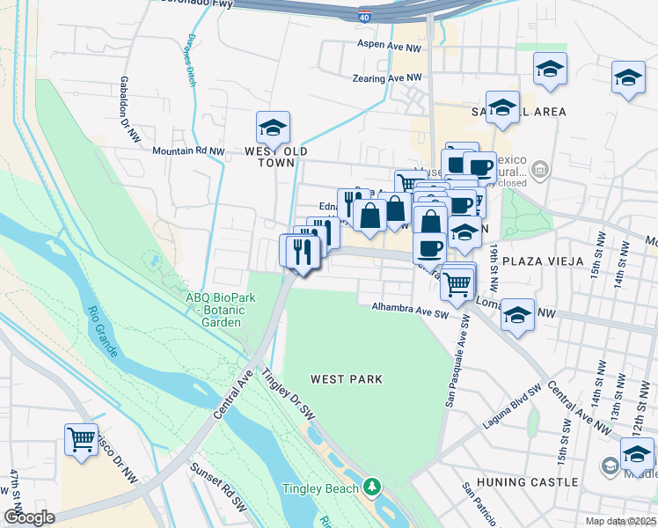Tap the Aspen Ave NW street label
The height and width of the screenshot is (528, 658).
click(390, 43)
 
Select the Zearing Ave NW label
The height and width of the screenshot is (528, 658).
click(375, 78)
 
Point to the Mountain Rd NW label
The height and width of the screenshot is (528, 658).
click(188, 151)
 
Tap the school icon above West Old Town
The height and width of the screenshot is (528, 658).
click(273, 128)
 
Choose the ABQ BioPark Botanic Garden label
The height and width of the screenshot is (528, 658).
click(220, 310)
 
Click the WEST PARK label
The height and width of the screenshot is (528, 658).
click(347, 379)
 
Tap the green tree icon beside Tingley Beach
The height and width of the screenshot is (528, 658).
click(373, 488)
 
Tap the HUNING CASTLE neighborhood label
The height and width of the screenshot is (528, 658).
click(528, 482)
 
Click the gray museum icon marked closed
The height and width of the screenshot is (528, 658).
click(542, 168)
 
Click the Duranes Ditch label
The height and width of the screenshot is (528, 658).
click(191, 60)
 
